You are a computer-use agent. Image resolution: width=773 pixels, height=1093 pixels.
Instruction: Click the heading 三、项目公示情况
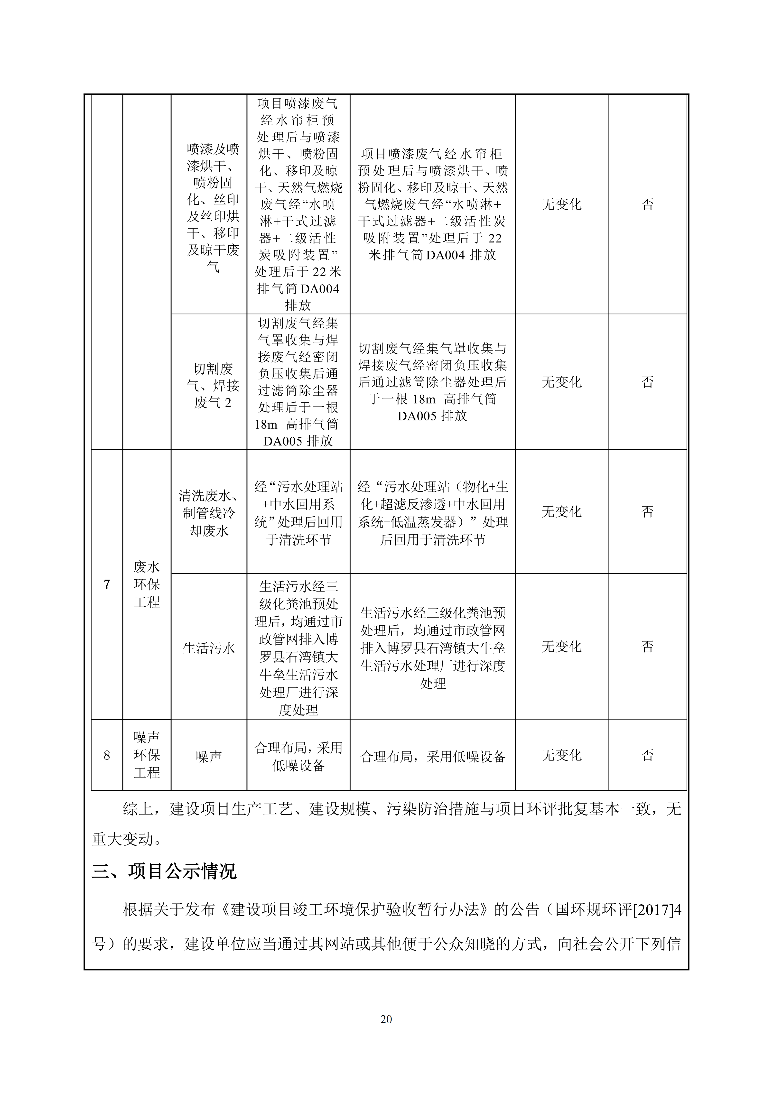164,871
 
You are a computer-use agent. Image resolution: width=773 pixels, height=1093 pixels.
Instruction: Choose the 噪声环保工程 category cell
147,755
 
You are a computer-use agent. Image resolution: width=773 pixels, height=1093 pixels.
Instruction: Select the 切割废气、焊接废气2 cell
213,386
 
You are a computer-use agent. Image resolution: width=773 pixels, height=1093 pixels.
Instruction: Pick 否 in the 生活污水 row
647,647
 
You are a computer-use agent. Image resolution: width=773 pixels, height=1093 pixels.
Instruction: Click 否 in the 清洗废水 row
647,512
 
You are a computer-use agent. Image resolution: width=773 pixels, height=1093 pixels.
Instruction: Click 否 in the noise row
647,755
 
